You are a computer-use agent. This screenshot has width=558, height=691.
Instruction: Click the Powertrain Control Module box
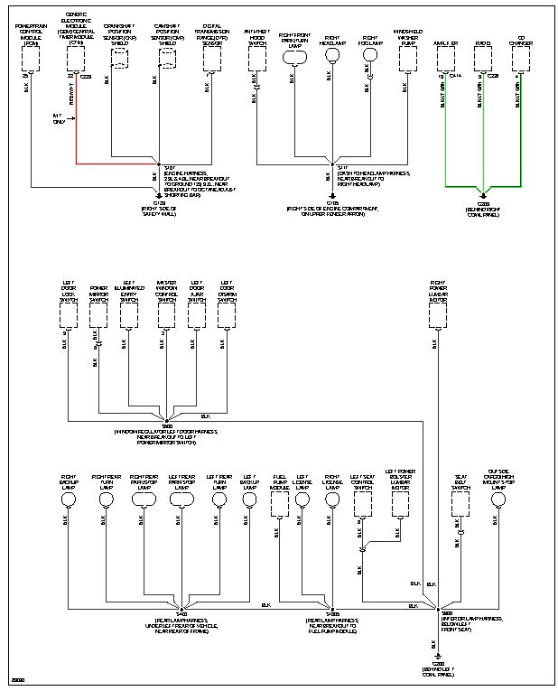(32, 58)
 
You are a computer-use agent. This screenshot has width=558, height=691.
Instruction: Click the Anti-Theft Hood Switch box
(257, 58)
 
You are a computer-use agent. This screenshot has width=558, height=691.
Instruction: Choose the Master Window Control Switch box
(166, 314)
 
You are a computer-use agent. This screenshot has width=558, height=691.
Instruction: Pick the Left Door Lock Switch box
(69, 314)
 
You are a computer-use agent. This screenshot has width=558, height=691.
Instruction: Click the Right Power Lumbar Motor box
(438, 314)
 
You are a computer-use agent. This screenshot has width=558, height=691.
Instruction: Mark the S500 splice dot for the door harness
(166, 419)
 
